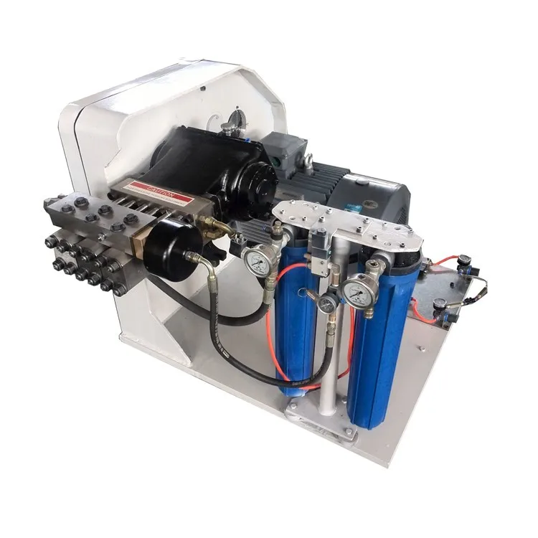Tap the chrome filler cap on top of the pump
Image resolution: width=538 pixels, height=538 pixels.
point(228,128)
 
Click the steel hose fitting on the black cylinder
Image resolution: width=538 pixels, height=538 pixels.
point(192,257)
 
